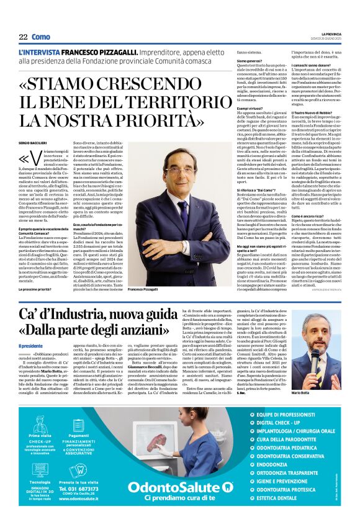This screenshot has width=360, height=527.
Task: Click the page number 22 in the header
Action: coord(23,37)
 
